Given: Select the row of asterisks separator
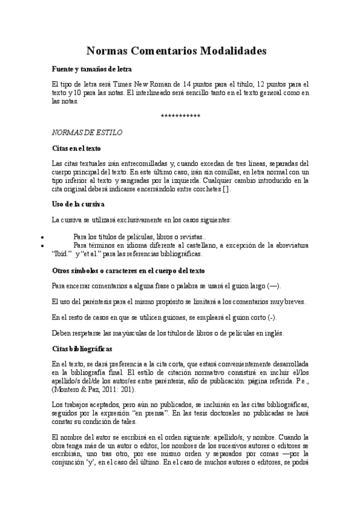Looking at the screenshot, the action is click(180, 115).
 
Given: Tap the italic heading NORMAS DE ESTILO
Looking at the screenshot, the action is click(78, 131).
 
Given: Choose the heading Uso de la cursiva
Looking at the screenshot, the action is click(78, 204).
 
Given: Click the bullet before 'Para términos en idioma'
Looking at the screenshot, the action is click(40, 245).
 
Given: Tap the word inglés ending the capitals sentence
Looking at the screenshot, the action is click(274, 333).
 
